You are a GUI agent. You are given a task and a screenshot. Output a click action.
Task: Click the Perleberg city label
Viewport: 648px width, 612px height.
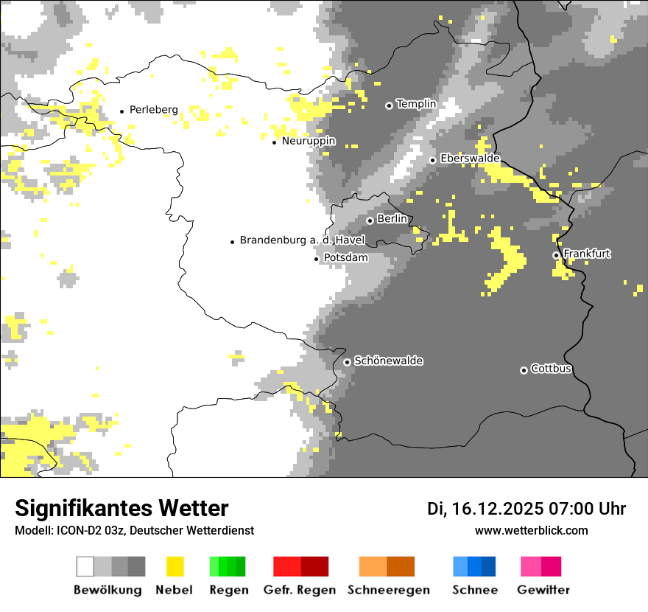tap(153, 110)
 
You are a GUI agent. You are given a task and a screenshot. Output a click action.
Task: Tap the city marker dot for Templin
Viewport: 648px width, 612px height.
tap(389, 105)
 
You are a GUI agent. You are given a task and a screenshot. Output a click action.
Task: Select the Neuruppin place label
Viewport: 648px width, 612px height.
tap(309, 141)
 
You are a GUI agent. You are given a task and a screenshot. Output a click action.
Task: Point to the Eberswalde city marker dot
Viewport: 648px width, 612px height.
tap(433, 160)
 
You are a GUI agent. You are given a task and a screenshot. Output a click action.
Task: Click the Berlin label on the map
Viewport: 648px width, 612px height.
tap(392, 219)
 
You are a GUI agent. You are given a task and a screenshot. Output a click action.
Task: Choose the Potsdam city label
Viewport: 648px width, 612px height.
tap(346, 258)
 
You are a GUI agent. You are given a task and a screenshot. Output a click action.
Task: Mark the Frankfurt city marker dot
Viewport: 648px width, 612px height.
tap(556, 255)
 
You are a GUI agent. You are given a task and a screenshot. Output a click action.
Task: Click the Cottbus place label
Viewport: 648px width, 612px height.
tap(552, 369)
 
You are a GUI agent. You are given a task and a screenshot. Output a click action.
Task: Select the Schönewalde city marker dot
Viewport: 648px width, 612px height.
tap(347, 362)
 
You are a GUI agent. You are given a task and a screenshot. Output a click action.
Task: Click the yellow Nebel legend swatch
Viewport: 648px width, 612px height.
tap(175, 566)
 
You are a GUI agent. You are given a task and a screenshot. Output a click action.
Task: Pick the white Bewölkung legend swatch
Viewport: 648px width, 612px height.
tap(85, 566)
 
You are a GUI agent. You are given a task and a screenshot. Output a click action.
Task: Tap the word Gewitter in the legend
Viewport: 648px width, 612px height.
tap(543, 590)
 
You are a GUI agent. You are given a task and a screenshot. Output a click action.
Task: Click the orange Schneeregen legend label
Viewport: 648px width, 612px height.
tap(389, 590)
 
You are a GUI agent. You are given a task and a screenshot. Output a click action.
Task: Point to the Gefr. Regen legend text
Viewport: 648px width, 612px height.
tap(300, 590)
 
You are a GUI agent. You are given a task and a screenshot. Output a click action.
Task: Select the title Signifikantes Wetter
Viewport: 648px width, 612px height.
tap(121, 508)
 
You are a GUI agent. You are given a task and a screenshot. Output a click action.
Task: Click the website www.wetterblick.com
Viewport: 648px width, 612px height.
tap(531, 530)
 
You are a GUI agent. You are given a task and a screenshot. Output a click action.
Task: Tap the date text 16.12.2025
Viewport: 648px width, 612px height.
tap(499, 509)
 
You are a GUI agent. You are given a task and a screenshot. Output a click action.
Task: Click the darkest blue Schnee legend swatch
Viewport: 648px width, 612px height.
tap(489, 566)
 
